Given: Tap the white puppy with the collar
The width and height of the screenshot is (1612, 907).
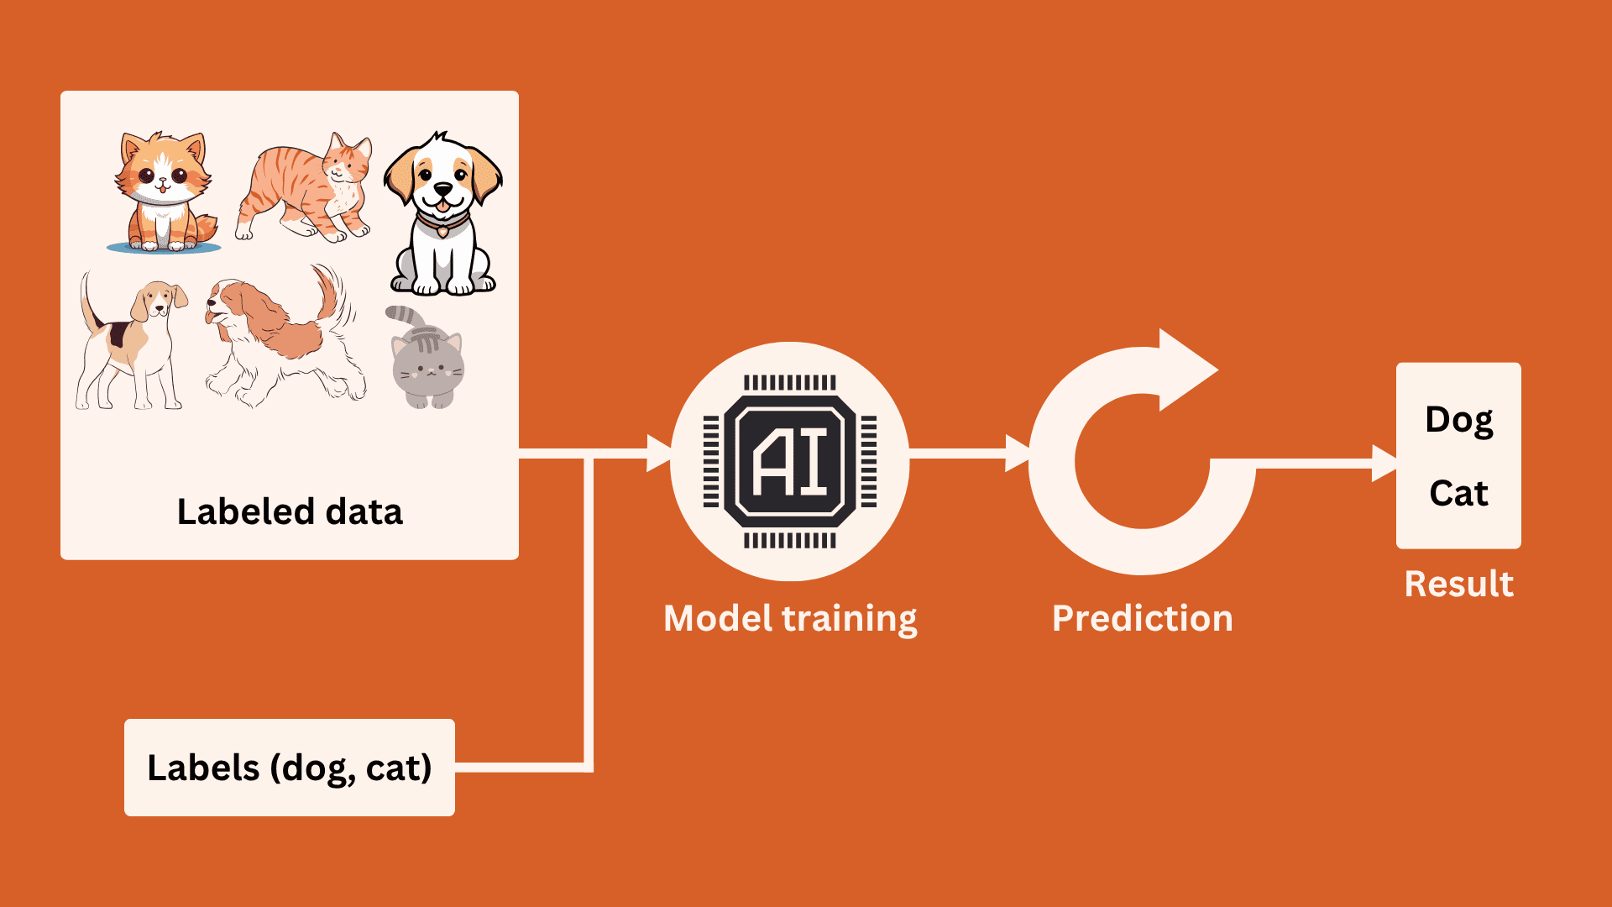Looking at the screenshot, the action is point(442,213).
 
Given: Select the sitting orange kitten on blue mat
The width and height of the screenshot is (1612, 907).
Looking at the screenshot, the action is point(165,193).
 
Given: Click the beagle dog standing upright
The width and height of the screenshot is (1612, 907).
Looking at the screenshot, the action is point(131,340).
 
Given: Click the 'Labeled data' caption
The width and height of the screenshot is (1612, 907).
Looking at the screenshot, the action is point(290,511).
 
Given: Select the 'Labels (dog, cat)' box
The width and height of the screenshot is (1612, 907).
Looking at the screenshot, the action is point(290,768).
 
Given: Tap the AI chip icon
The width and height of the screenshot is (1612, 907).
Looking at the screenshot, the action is point(790,461).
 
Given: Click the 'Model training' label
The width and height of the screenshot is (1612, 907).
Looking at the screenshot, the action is point(790,619).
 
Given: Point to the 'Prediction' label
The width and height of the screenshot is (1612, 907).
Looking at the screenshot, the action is point(1143,619).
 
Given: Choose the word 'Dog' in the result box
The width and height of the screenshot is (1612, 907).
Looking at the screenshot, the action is point(1459,421).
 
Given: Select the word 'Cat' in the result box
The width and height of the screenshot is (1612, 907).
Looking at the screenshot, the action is point(1459,493).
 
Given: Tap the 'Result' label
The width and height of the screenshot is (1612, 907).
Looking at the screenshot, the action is point(1459,584).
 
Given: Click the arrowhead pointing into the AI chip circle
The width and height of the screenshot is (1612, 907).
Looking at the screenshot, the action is point(659,453).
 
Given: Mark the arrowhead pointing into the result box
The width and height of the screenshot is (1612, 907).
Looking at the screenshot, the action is point(1384,464).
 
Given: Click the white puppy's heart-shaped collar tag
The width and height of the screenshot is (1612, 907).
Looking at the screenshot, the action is point(442,230).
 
